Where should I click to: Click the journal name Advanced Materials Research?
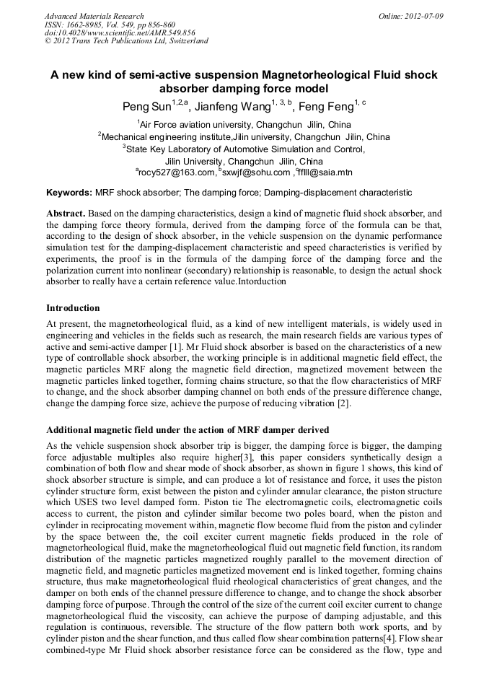point(94,15)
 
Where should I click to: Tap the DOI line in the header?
point(120,32)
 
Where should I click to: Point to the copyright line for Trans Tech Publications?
point(126,41)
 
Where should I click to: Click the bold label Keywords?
point(69,193)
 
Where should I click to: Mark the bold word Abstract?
point(66,214)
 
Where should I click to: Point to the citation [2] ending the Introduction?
point(343,403)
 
